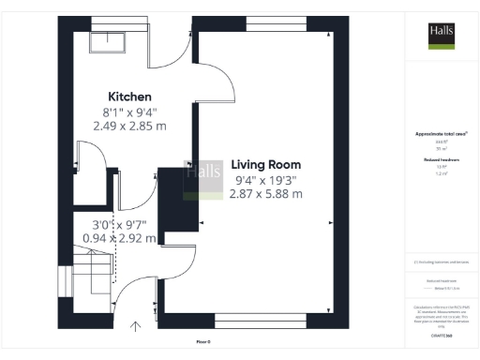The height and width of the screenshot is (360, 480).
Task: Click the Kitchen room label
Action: click(x=129, y=97)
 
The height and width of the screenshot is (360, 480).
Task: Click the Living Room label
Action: click(x=266, y=163)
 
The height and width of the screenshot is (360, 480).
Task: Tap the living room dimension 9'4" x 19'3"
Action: click(x=266, y=179)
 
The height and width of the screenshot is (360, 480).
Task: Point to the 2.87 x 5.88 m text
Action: click(x=266, y=194)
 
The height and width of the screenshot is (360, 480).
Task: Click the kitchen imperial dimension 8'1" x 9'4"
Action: click(x=129, y=112)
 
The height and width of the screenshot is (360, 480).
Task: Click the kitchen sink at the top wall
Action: click(x=99, y=40)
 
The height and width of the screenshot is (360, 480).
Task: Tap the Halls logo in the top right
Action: click(x=442, y=34)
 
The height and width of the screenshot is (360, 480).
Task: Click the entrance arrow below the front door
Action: click(x=137, y=326)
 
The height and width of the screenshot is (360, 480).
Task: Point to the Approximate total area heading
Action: click(x=441, y=135)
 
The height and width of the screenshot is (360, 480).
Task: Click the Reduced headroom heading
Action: click(x=441, y=160)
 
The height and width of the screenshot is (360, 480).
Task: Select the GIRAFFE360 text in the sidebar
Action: click(x=441, y=333)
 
